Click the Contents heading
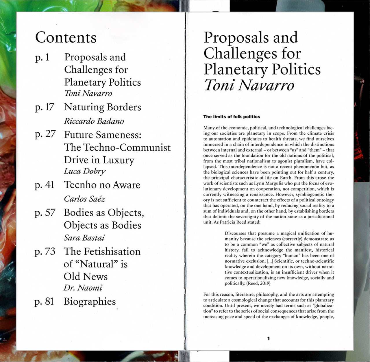pyautogui.click(x=66, y=38)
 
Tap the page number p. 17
pyautogui.click(x=44, y=107)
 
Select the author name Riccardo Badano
pyautogui.click(x=94, y=121)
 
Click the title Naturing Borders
pyautogui.click(x=103, y=107)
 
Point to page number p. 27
pyautogui.click(x=45, y=134)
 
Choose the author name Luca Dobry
pyautogui.click(x=85, y=171)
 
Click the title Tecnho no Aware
pyautogui.click(x=102, y=185)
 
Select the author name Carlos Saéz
pyautogui.click(x=84, y=199)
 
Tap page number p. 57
pyautogui.click(x=45, y=213)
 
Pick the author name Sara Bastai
pyautogui.click(x=84, y=238)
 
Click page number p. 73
pyautogui.click(x=45, y=251)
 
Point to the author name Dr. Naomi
pyautogui.click(x=83, y=288)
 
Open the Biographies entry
pyautogui.click(x=90, y=301)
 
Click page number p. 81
pyautogui.click(x=44, y=301)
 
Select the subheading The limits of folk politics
pyautogui.click(x=232, y=117)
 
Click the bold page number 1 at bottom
pyautogui.click(x=269, y=338)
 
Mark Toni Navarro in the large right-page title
pyautogui.click(x=249, y=85)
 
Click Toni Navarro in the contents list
pyautogui.click(x=88, y=93)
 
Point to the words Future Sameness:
pyautogui.click(x=103, y=135)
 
